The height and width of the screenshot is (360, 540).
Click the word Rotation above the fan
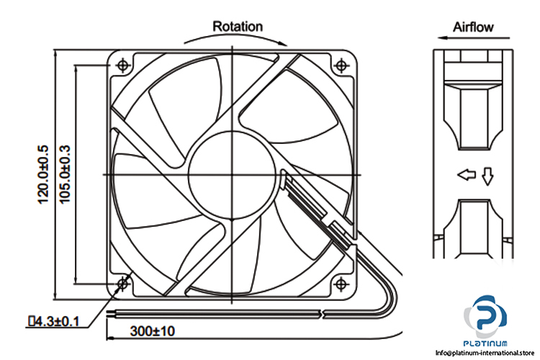click(x=238, y=27)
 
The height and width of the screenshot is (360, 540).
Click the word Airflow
click(x=473, y=27)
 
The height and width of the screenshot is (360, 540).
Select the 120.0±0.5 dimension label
click(x=43, y=174)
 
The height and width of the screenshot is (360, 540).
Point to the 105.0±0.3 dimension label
click(x=65, y=174)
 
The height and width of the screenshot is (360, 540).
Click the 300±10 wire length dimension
click(x=153, y=331)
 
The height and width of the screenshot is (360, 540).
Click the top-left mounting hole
click(x=123, y=65)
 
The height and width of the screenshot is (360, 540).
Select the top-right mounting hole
click(x=341, y=65)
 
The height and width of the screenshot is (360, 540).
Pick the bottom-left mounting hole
click(x=122, y=284)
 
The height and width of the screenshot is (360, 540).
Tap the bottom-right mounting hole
click(x=341, y=284)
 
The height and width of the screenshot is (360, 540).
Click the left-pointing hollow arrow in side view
click(x=467, y=175)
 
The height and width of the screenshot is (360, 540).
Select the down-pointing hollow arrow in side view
click(x=487, y=176)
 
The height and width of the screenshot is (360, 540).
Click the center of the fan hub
click(x=232, y=175)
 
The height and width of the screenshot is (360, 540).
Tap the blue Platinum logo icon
click(x=485, y=316)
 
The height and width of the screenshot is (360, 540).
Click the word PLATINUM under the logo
click(x=485, y=343)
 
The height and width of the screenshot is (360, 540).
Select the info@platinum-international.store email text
click(x=485, y=353)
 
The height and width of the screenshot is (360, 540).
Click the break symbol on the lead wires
click(x=323, y=314)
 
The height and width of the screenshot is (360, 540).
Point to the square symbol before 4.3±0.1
click(x=32, y=322)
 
